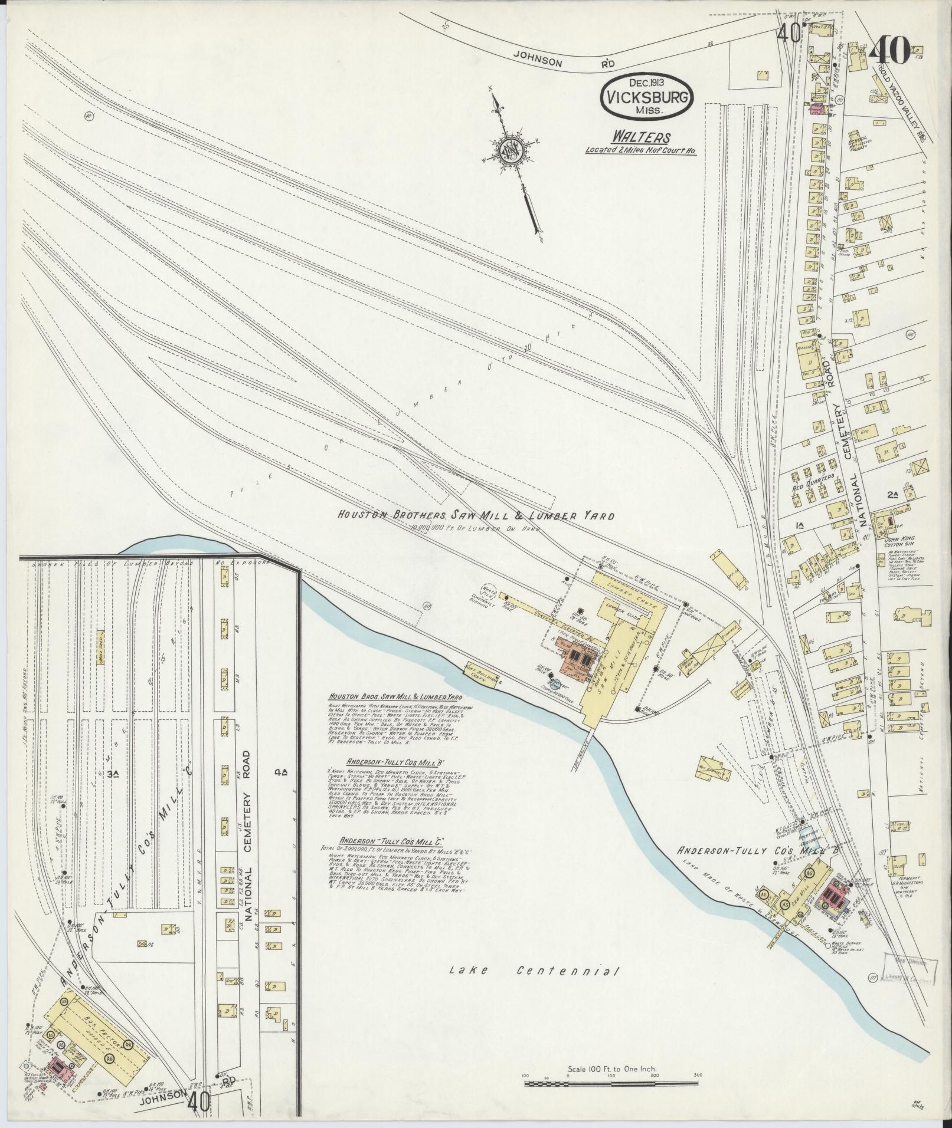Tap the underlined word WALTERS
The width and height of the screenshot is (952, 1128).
click(x=640, y=138)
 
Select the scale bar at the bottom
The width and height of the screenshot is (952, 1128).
click(x=611, y=1083)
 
